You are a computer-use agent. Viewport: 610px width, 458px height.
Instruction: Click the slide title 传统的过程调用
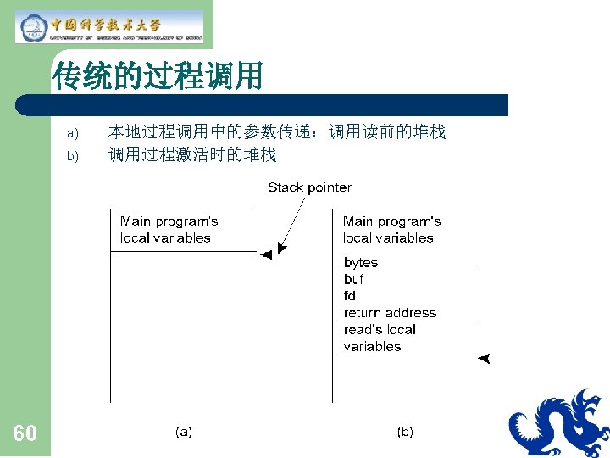click(x=158, y=76)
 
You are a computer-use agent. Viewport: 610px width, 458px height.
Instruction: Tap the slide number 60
click(x=25, y=434)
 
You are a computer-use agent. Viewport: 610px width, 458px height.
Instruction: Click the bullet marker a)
click(x=72, y=133)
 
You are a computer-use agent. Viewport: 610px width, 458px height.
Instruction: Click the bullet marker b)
click(x=72, y=156)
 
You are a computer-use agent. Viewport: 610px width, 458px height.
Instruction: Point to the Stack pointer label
click(x=309, y=187)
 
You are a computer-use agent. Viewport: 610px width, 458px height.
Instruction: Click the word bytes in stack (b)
click(x=361, y=262)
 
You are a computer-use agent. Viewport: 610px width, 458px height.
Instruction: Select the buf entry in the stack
click(x=353, y=279)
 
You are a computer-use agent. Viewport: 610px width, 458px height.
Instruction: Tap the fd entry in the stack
click(x=350, y=296)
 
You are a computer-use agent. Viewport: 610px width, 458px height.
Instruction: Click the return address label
click(x=390, y=313)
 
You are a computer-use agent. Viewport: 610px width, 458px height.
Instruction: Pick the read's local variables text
click(x=380, y=338)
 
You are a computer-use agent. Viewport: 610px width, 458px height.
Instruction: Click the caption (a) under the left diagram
click(x=184, y=432)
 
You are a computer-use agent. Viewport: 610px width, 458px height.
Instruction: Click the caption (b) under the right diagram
click(x=405, y=432)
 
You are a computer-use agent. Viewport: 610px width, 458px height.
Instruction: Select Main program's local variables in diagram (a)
click(x=169, y=230)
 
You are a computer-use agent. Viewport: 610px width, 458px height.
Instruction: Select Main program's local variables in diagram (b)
click(x=391, y=230)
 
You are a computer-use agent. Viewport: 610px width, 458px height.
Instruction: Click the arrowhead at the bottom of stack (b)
click(x=484, y=359)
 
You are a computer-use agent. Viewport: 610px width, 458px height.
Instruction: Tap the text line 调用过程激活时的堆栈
click(x=192, y=155)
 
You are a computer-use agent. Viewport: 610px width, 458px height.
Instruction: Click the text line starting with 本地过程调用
click(x=276, y=132)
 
